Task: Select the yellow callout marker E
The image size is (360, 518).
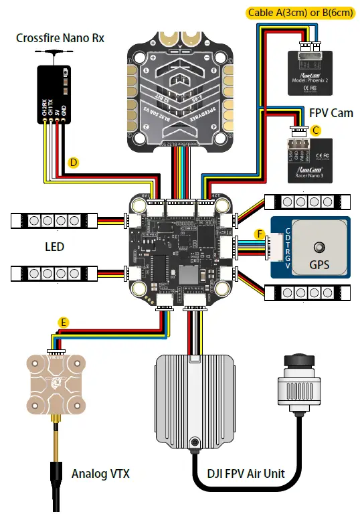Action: click(63, 322)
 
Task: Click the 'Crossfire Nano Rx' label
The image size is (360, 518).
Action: click(60, 37)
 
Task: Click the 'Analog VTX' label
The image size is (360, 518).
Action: click(100, 474)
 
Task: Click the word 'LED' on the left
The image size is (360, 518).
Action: click(55, 247)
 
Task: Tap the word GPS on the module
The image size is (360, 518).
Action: click(319, 264)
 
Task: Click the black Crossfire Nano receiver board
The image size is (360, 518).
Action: click(54, 94)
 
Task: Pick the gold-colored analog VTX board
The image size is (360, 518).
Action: click(55, 383)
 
